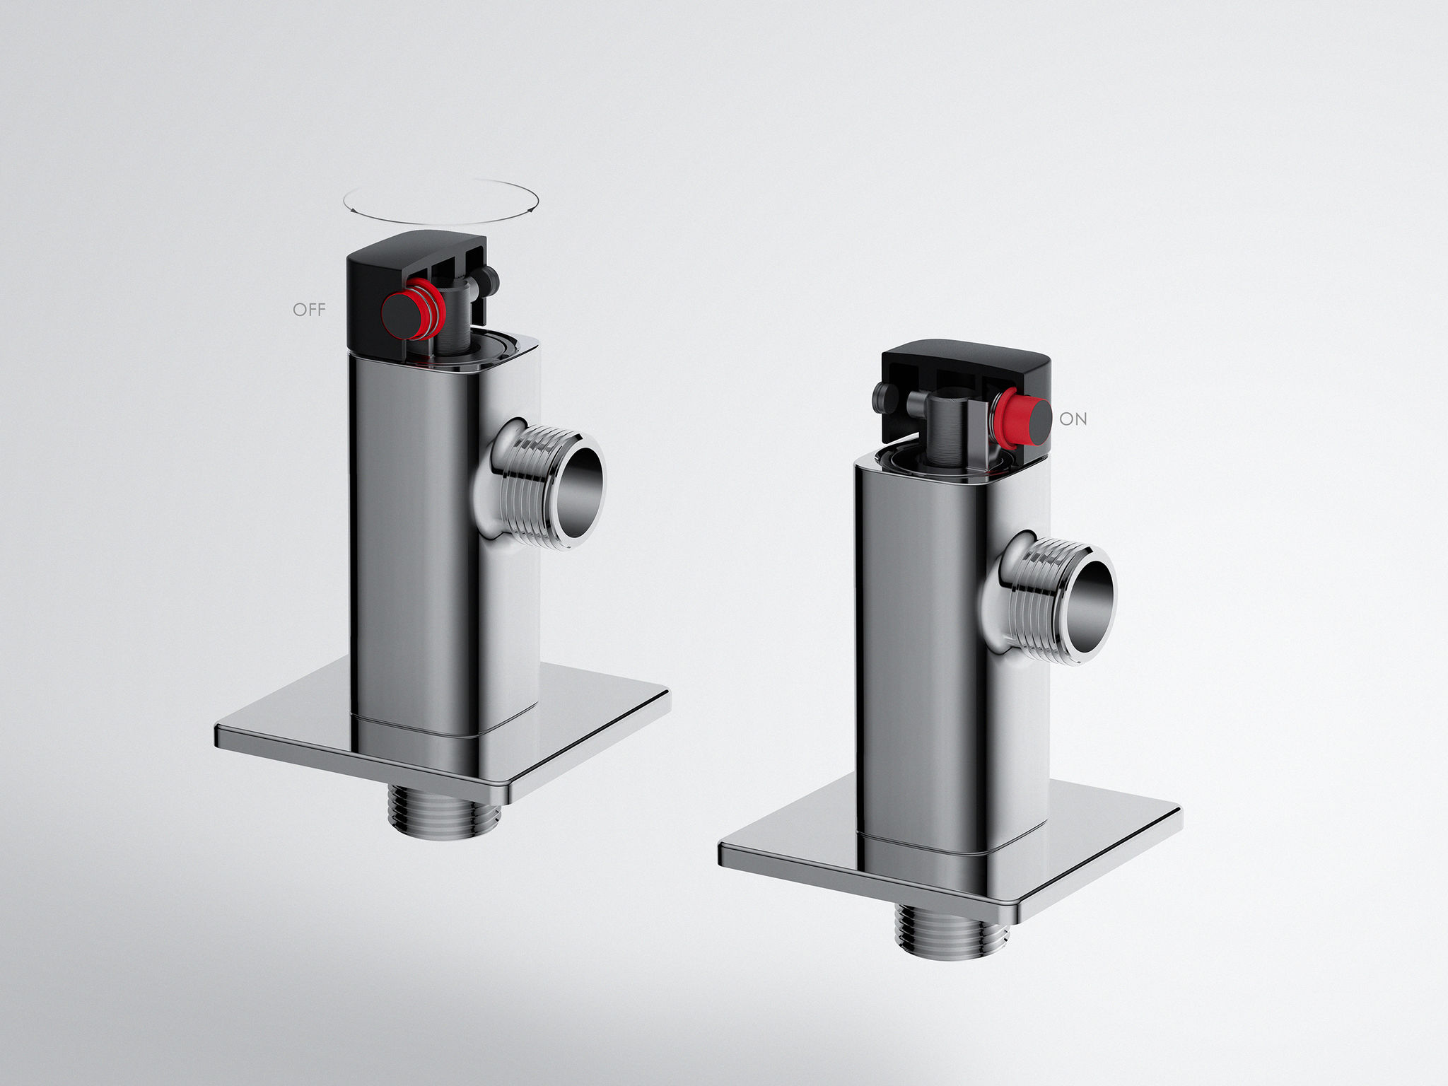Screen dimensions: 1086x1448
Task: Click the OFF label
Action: (x=309, y=310)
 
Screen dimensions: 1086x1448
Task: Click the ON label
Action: (x=1073, y=419)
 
